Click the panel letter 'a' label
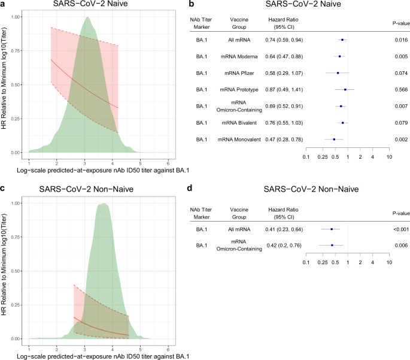pyautogui.click(x=4, y=4)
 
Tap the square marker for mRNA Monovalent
pyautogui.click(x=334, y=139)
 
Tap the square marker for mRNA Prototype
pyautogui.click(x=345, y=89)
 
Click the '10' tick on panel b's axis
pyautogui.click(x=389, y=157)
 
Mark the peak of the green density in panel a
pyautogui.click(x=88, y=17)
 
